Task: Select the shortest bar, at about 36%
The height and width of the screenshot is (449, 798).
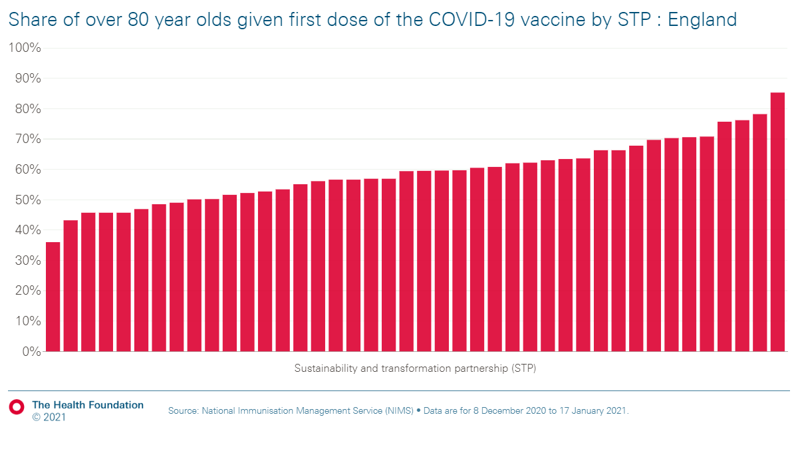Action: tap(53, 297)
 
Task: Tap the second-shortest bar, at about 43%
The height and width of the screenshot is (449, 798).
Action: tap(70, 285)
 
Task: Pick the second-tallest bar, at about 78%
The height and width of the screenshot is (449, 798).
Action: tap(759, 232)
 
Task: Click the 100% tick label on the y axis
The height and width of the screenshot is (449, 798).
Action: tap(25, 49)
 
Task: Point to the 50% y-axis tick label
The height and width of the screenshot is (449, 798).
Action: tap(27, 200)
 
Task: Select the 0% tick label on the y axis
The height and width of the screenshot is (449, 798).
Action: tap(31, 351)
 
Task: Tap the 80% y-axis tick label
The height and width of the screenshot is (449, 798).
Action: tap(27, 109)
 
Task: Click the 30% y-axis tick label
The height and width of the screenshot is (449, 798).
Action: tap(27, 261)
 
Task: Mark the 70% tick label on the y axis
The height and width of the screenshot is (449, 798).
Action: tap(27, 140)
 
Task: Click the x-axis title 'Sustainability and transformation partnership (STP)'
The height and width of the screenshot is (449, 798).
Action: tap(415, 368)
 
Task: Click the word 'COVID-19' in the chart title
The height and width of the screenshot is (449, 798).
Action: tap(462, 20)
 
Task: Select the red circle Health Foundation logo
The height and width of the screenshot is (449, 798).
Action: tap(17, 406)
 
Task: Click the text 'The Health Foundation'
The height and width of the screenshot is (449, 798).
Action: tap(88, 405)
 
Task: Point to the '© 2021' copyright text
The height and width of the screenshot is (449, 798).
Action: tap(49, 418)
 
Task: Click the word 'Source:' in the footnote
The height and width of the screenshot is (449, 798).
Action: tap(184, 411)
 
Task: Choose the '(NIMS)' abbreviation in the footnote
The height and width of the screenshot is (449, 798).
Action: tap(398, 411)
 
